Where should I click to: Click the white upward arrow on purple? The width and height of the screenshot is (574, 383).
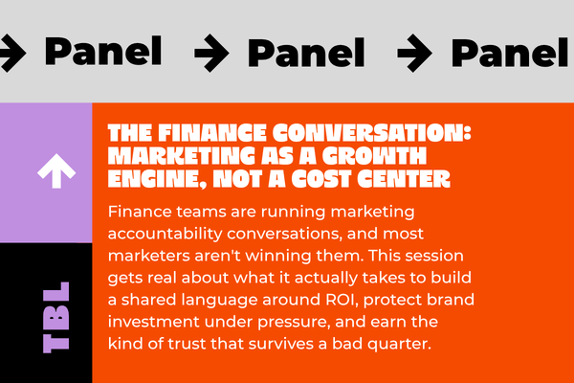56,170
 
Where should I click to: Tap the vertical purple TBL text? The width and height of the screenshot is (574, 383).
56,317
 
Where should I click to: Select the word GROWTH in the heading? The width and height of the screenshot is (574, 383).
374,156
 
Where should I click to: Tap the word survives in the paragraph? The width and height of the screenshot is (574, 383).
278,344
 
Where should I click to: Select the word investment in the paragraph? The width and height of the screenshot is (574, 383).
154,322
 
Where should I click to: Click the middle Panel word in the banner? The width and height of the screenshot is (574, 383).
306,53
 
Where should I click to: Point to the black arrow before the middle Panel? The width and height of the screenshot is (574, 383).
211,53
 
